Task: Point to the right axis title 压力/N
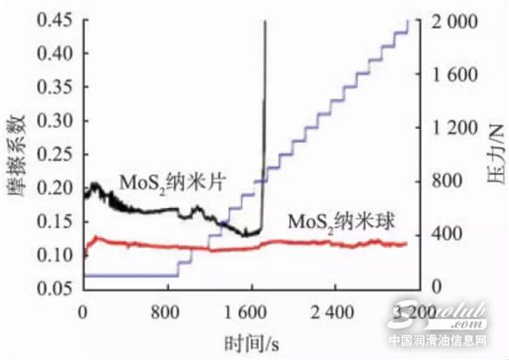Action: [x=495, y=153]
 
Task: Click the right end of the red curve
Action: [x=406, y=245]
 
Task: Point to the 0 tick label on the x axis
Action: [x=83, y=311]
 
